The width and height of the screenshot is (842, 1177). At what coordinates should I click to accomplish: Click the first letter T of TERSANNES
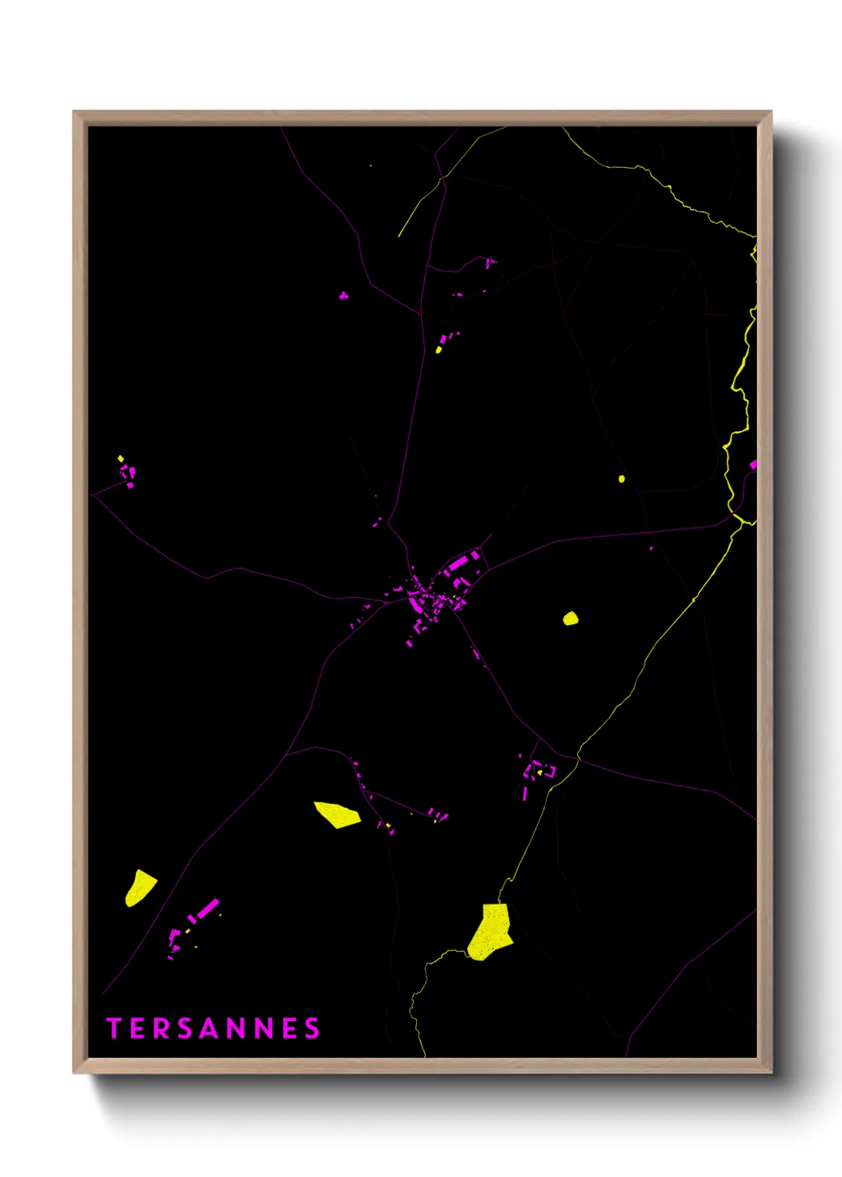pyautogui.click(x=114, y=1028)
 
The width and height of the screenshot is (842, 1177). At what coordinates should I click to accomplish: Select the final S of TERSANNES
pyautogui.click(x=312, y=1028)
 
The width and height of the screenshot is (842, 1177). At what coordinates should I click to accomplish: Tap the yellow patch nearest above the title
pyautogui.click(x=139, y=888)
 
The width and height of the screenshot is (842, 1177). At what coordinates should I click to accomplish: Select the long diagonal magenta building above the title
pyautogui.click(x=208, y=908)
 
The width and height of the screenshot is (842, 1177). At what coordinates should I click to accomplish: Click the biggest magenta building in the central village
pyautogui.click(x=457, y=564)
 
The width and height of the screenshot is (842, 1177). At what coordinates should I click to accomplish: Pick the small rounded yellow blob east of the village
pyautogui.click(x=571, y=618)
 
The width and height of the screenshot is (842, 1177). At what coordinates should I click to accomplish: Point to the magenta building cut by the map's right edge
pyautogui.click(x=753, y=464)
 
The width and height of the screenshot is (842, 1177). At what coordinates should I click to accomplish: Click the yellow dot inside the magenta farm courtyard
pyautogui.click(x=540, y=771)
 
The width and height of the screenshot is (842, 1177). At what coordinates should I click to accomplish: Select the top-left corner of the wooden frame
pyautogui.click(x=74, y=112)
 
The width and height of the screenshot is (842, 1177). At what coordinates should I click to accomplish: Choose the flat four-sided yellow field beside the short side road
pyautogui.click(x=337, y=814)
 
